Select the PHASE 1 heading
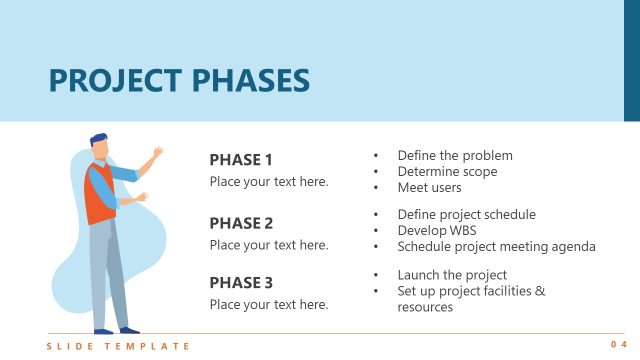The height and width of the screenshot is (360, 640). (x=241, y=160)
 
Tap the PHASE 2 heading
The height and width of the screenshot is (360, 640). (x=241, y=223)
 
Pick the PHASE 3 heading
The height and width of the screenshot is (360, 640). (x=241, y=283)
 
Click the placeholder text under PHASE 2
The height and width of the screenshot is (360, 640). (x=269, y=245)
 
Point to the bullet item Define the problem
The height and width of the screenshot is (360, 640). (x=455, y=156)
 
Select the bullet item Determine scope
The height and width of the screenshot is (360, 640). (x=447, y=172)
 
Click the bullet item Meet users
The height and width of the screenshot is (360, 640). (x=429, y=188)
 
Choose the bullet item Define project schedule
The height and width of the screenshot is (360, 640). (x=466, y=215)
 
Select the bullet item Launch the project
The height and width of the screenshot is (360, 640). (x=452, y=275)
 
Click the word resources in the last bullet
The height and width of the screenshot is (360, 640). (x=425, y=307)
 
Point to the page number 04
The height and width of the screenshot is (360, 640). (x=617, y=346)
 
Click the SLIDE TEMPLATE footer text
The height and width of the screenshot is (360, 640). (x=118, y=346)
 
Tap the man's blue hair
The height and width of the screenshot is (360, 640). (x=97, y=139)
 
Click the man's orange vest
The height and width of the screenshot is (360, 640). (x=99, y=195)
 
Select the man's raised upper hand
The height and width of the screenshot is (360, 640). (x=157, y=153)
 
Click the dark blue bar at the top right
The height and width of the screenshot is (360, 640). (x=632, y=60)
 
